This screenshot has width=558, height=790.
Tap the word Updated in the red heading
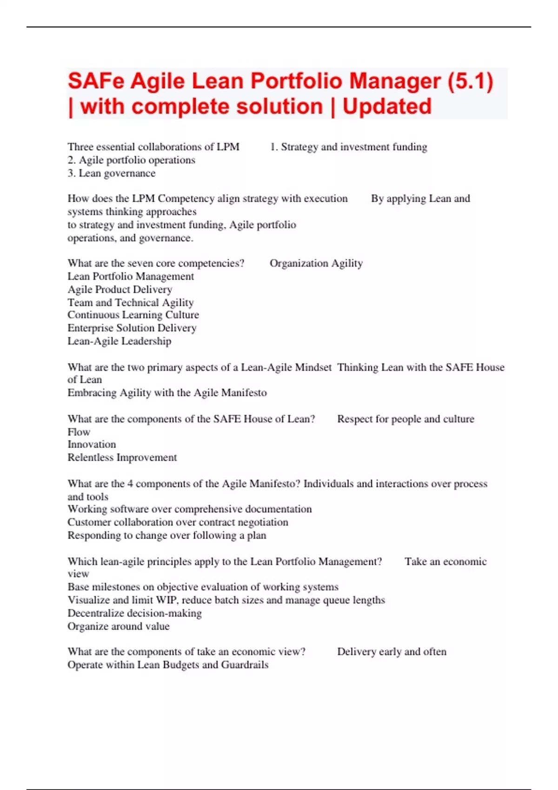point(387,106)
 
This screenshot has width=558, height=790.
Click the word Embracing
point(92,393)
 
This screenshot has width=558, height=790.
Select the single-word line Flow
point(79,432)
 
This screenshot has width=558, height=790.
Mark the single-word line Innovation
point(92,445)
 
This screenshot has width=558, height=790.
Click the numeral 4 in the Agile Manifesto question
point(130,484)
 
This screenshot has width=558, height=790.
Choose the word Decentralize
point(95,613)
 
